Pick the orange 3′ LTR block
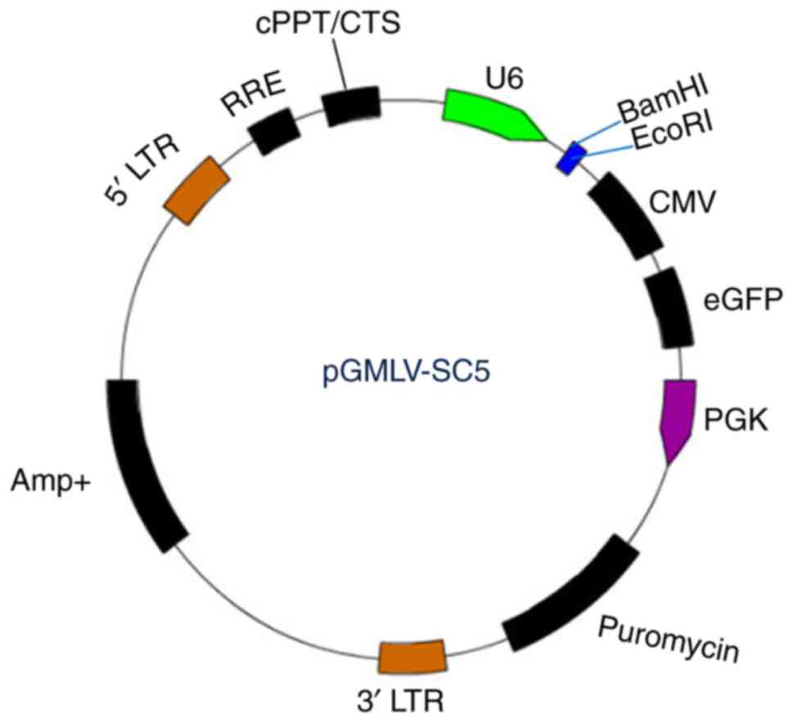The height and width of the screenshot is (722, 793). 413,657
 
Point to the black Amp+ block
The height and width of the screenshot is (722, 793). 147,463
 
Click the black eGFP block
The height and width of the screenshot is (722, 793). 669,309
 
